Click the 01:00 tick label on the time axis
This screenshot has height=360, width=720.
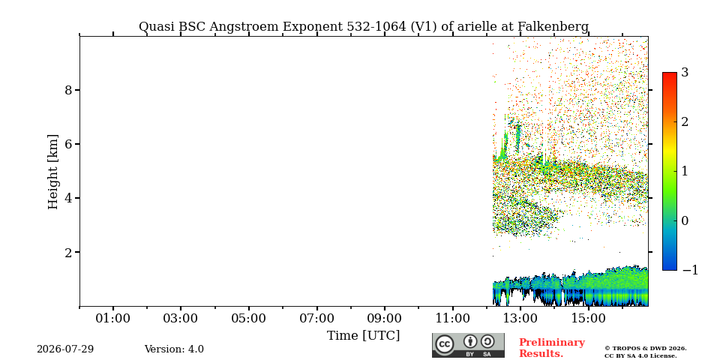[x=113, y=318]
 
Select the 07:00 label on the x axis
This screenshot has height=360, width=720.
[x=316, y=318]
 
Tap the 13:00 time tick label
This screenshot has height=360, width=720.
[x=520, y=318]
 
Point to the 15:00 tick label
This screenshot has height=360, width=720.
[x=589, y=318]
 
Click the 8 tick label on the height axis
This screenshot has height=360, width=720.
[x=69, y=90]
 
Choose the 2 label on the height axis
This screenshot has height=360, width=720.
[x=69, y=252]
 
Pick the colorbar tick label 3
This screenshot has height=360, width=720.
[x=685, y=73]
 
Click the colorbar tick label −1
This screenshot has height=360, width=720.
[x=690, y=270]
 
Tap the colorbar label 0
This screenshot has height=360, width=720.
[x=685, y=220]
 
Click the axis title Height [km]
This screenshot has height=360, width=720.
[x=53, y=172]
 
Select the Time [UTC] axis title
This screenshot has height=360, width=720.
[x=363, y=336]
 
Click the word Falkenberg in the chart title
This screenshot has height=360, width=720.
[x=553, y=27]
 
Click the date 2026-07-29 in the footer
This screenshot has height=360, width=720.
[x=65, y=349]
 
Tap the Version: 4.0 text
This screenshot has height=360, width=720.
[x=174, y=349]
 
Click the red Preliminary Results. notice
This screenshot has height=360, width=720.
[x=552, y=348]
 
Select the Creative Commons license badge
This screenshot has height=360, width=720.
[x=468, y=345]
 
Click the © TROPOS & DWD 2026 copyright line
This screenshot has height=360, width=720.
[x=645, y=349]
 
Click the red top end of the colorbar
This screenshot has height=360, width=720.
[x=670, y=73]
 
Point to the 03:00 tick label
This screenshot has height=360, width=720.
[x=181, y=318]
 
